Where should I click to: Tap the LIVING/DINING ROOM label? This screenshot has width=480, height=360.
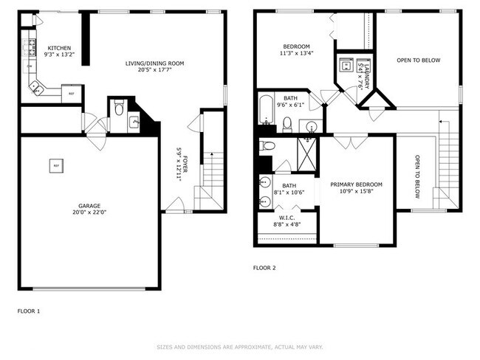click(154, 63)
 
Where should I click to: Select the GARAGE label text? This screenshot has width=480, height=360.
click(89, 206)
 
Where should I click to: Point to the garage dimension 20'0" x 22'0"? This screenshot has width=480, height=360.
click(89, 213)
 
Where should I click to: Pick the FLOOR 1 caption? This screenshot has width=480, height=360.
click(29, 311)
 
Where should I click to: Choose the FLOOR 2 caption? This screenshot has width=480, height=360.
click(264, 268)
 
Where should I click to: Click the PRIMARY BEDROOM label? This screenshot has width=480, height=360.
click(356, 184)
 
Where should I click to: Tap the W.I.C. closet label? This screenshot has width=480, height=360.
click(287, 217)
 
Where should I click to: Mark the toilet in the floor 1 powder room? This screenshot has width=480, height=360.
click(119, 109)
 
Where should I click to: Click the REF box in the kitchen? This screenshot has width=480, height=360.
click(71, 94)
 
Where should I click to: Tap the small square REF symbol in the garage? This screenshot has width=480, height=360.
click(55, 166)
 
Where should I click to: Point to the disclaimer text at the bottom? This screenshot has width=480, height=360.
click(239, 347)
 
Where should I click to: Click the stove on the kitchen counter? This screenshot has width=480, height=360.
click(31, 49)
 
